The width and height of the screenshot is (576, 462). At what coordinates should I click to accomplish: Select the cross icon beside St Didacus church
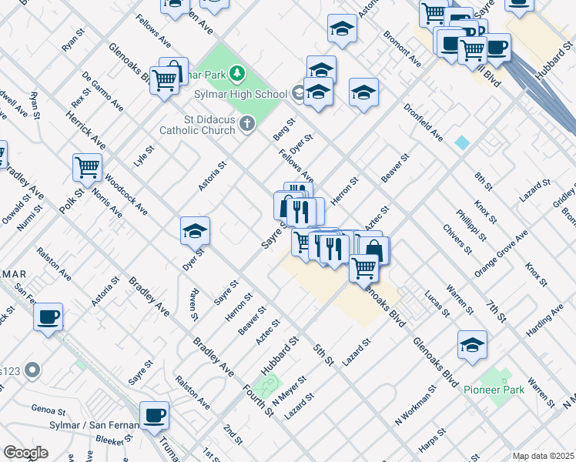(246, 124)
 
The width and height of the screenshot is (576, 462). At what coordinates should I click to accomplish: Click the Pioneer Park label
(494, 390)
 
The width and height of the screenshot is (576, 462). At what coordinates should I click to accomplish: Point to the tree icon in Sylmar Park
(239, 74)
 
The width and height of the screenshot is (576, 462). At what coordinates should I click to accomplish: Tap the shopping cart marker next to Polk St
(88, 167)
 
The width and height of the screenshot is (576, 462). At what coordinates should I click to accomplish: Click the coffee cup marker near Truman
(155, 416)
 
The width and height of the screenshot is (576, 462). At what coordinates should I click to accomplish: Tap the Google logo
(26, 453)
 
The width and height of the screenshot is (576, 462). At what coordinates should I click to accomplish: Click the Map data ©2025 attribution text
(542, 456)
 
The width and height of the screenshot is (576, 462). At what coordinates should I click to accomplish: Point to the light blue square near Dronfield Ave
(461, 142)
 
